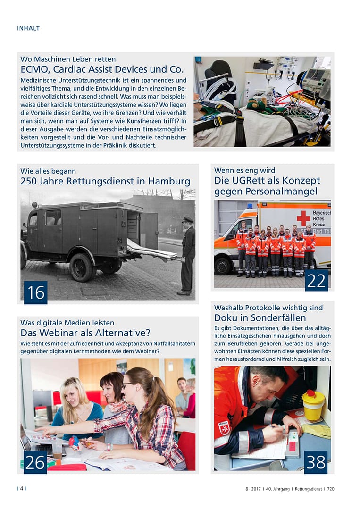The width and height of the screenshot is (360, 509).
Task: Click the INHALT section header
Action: pyautogui.click(x=28, y=28)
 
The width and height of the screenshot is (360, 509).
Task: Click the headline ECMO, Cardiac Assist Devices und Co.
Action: pyautogui.click(x=102, y=70)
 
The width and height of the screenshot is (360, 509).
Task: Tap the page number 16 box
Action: pyautogui.click(x=36, y=292)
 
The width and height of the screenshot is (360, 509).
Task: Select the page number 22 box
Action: pyautogui.click(x=316, y=281)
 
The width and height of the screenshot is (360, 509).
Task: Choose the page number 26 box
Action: pyautogui.click(x=35, y=462)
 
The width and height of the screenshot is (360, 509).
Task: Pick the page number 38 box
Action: pyautogui.click(x=316, y=462)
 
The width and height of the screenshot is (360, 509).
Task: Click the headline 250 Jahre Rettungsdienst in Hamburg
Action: pyautogui.click(x=105, y=181)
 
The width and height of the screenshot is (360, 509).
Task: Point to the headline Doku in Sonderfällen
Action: pyautogui.click(x=260, y=317)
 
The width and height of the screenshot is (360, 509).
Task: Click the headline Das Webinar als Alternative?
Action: pyautogui.click(x=85, y=333)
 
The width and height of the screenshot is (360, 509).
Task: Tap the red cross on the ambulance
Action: pyautogui.click(x=303, y=218)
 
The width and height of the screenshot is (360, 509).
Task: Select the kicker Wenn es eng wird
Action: pyautogui.click(x=244, y=170)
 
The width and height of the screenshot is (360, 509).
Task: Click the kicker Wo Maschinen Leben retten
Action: pyautogui.click(x=68, y=59)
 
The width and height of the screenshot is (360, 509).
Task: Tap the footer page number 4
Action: pyautogui.click(x=22, y=489)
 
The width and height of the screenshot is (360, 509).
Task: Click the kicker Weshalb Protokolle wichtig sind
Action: pyautogui.click(x=268, y=308)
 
